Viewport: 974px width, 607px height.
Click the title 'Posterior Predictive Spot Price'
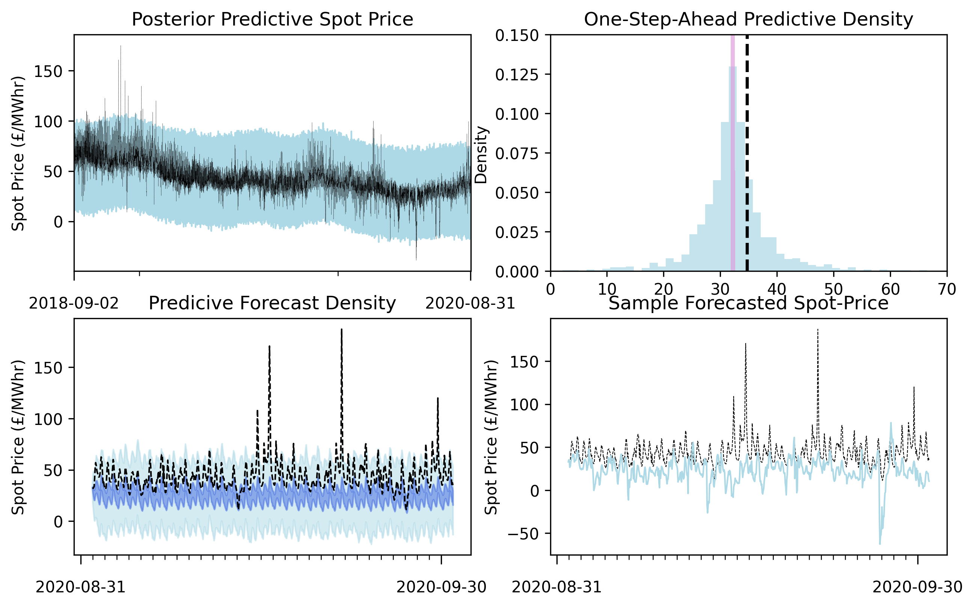coord(273,19)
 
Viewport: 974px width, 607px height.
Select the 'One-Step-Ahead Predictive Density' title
coord(748,19)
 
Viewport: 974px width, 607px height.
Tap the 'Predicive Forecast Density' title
coord(273,303)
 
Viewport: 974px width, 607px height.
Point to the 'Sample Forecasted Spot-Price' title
coord(748,303)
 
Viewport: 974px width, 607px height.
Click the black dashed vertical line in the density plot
coord(747,153)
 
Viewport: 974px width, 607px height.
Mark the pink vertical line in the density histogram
coord(733,153)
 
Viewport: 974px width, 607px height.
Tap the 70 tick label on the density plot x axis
coord(947,289)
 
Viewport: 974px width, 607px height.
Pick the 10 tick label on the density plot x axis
coord(607,289)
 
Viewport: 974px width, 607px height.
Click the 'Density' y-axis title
coord(481,155)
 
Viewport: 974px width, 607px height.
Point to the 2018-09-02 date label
coord(74,303)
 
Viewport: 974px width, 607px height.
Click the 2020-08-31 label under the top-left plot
coord(470,303)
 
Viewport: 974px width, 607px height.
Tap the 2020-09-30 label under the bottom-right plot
coord(918,587)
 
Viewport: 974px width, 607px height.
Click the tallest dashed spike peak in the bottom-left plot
coord(342,330)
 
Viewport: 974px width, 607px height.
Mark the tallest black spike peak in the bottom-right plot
coord(818,330)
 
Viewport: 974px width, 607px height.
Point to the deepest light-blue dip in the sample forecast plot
coord(880,544)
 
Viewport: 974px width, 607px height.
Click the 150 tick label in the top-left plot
coord(48,71)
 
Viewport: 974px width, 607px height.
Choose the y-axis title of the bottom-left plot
coord(18,437)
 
